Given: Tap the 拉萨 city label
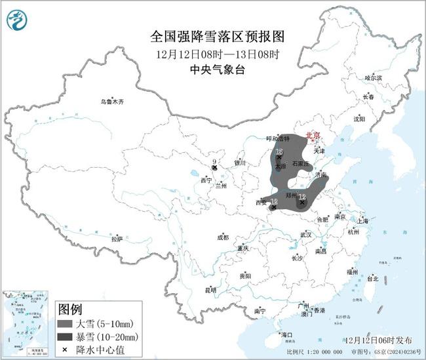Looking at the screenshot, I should click(117, 239).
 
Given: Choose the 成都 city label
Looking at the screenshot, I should click(223, 237).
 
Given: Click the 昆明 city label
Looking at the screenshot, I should click(210, 289).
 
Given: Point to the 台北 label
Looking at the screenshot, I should click(372, 279).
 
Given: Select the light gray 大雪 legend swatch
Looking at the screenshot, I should click(67, 324).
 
